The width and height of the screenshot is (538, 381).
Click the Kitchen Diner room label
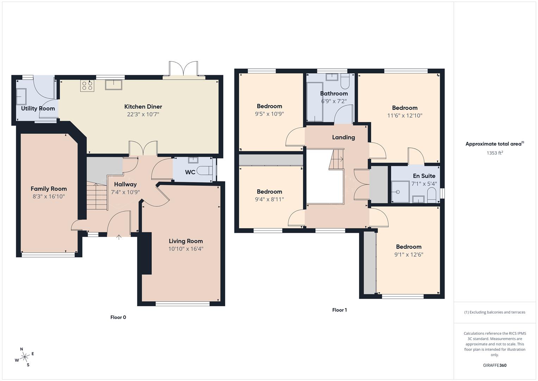(x=143, y=107)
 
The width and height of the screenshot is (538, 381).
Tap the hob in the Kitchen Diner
(x=87, y=86)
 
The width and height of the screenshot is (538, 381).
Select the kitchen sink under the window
(x=113, y=85)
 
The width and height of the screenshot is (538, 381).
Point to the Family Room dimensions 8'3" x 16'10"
(x=49, y=196)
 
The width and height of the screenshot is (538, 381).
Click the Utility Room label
(x=38, y=108)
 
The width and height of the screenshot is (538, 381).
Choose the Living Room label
(x=186, y=241)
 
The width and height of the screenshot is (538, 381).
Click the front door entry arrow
(x=119, y=237)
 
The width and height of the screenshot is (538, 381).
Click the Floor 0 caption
(x=118, y=317)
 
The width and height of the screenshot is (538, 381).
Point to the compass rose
(x=25, y=357)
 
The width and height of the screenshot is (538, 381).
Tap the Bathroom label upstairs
(x=334, y=93)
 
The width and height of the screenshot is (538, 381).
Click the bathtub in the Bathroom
(x=315, y=102)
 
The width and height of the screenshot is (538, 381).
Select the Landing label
(x=343, y=137)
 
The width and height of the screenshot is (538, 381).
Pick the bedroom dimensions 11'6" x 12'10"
(x=404, y=115)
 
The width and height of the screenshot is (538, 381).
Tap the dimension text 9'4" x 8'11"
(x=269, y=199)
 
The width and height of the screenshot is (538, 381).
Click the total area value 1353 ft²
(x=495, y=153)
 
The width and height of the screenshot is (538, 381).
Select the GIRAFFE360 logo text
(x=494, y=365)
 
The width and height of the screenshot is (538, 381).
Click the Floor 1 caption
(x=339, y=310)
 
